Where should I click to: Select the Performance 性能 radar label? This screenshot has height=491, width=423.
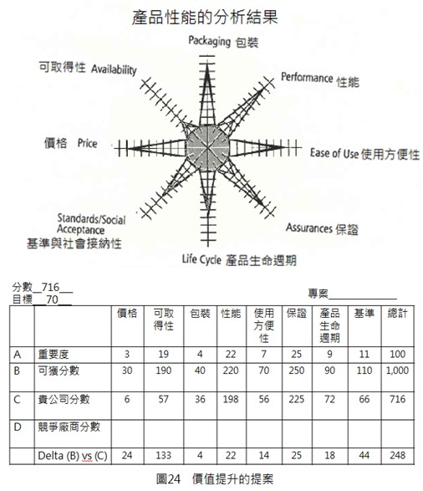[x=319, y=79]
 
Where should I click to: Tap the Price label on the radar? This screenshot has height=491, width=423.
[x=71, y=144]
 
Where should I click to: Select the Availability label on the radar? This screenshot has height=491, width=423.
[x=87, y=68]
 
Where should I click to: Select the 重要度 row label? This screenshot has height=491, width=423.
[x=55, y=353]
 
